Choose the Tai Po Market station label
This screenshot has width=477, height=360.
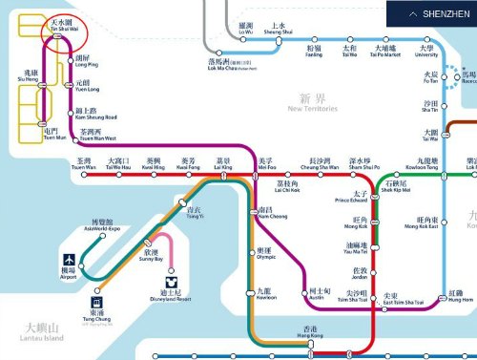385,50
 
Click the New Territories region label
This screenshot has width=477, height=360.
312,102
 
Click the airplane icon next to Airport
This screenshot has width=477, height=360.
70,260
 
